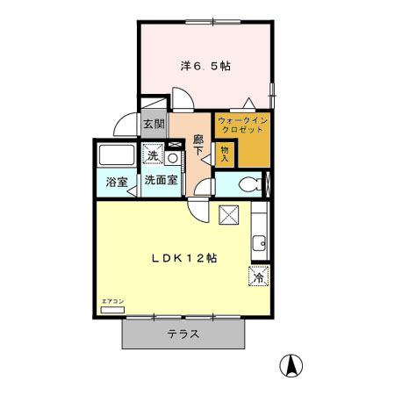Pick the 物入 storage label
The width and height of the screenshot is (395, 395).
pyautogui.click(x=224, y=154)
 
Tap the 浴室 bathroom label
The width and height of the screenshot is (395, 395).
pyautogui.click(x=117, y=183)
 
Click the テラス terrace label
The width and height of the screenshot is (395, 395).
pyautogui.click(x=183, y=334)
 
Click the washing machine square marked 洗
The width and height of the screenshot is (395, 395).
pyautogui.click(x=153, y=156)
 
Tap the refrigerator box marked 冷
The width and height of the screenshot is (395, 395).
pyautogui.click(x=259, y=276)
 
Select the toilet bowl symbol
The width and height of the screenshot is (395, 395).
pyautogui.click(x=249, y=184)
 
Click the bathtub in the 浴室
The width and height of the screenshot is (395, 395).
pyautogui.click(x=117, y=156)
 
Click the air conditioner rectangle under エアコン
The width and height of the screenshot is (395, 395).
pyautogui.click(x=114, y=310)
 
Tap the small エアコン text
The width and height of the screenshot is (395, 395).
pyautogui.click(x=113, y=301)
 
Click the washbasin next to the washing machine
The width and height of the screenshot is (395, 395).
pyautogui.click(x=173, y=157)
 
